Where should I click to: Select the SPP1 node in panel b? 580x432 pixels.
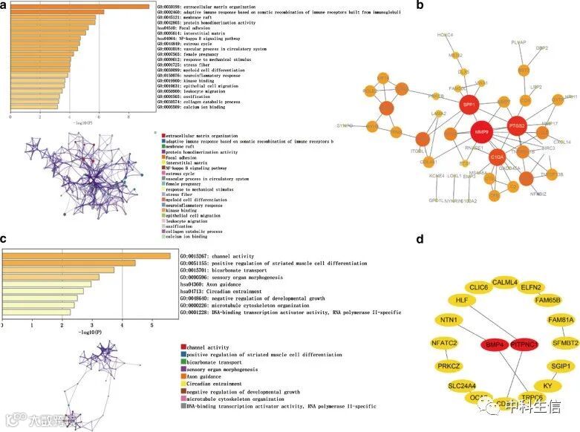pos(468,105)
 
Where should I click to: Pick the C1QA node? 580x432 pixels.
pos(496,157)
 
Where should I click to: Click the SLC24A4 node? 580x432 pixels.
pos(446,386)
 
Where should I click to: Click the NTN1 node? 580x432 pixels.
pos(447,320)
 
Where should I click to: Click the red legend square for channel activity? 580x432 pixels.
pos(183,347)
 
